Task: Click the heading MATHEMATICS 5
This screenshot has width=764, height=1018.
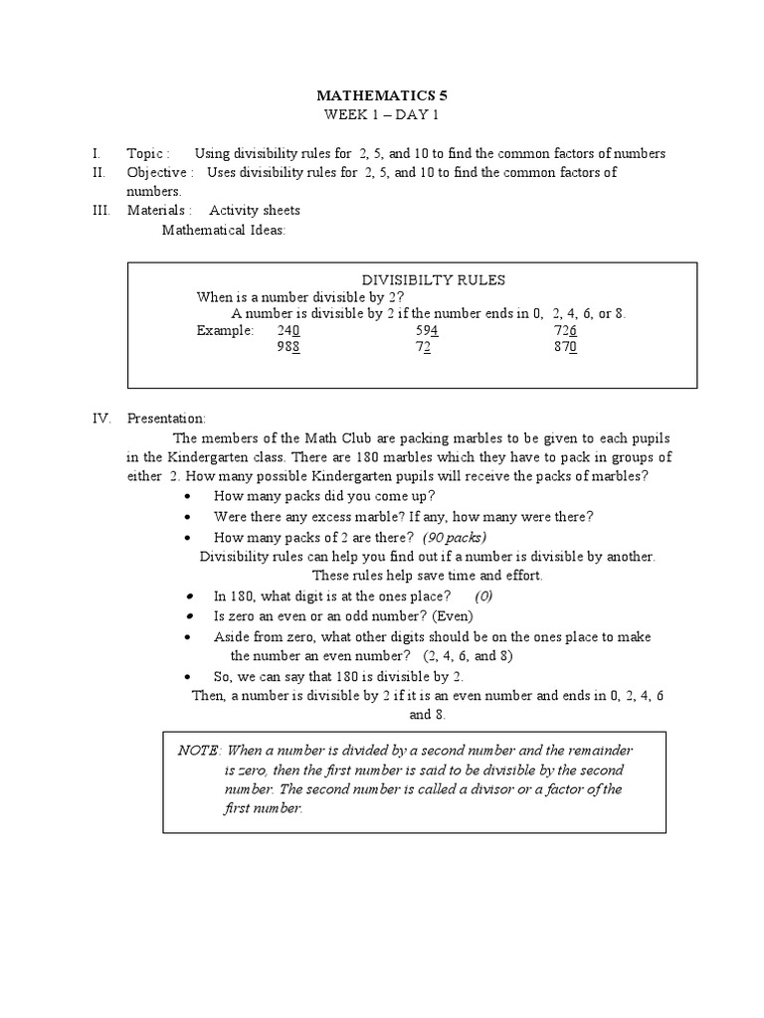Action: click(x=381, y=95)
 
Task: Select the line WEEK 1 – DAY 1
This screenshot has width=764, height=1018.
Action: click(x=381, y=115)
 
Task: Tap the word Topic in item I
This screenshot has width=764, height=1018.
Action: click(x=145, y=154)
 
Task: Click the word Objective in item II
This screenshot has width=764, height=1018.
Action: click(x=157, y=173)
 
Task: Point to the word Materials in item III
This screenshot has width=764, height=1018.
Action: click(x=156, y=211)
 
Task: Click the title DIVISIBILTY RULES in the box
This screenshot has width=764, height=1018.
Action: click(x=426, y=280)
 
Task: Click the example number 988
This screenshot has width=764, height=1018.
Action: click(x=288, y=347)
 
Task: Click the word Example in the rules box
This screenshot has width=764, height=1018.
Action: click(x=225, y=330)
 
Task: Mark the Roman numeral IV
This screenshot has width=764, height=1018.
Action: click(x=99, y=420)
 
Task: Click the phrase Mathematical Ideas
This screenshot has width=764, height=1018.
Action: click(x=223, y=230)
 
